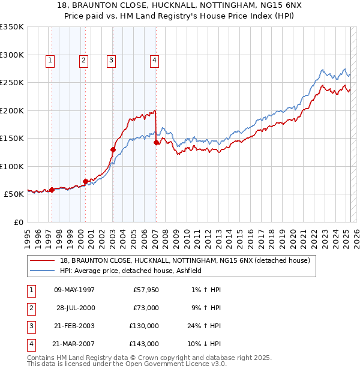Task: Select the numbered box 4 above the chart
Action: point(155,60)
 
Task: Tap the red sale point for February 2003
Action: point(113,149)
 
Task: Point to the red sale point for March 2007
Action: point(157,142)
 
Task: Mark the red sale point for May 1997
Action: point(52,190)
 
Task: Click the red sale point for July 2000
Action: point(86,181)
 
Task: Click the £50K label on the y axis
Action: point(14,194)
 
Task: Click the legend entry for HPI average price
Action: point(134,271)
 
